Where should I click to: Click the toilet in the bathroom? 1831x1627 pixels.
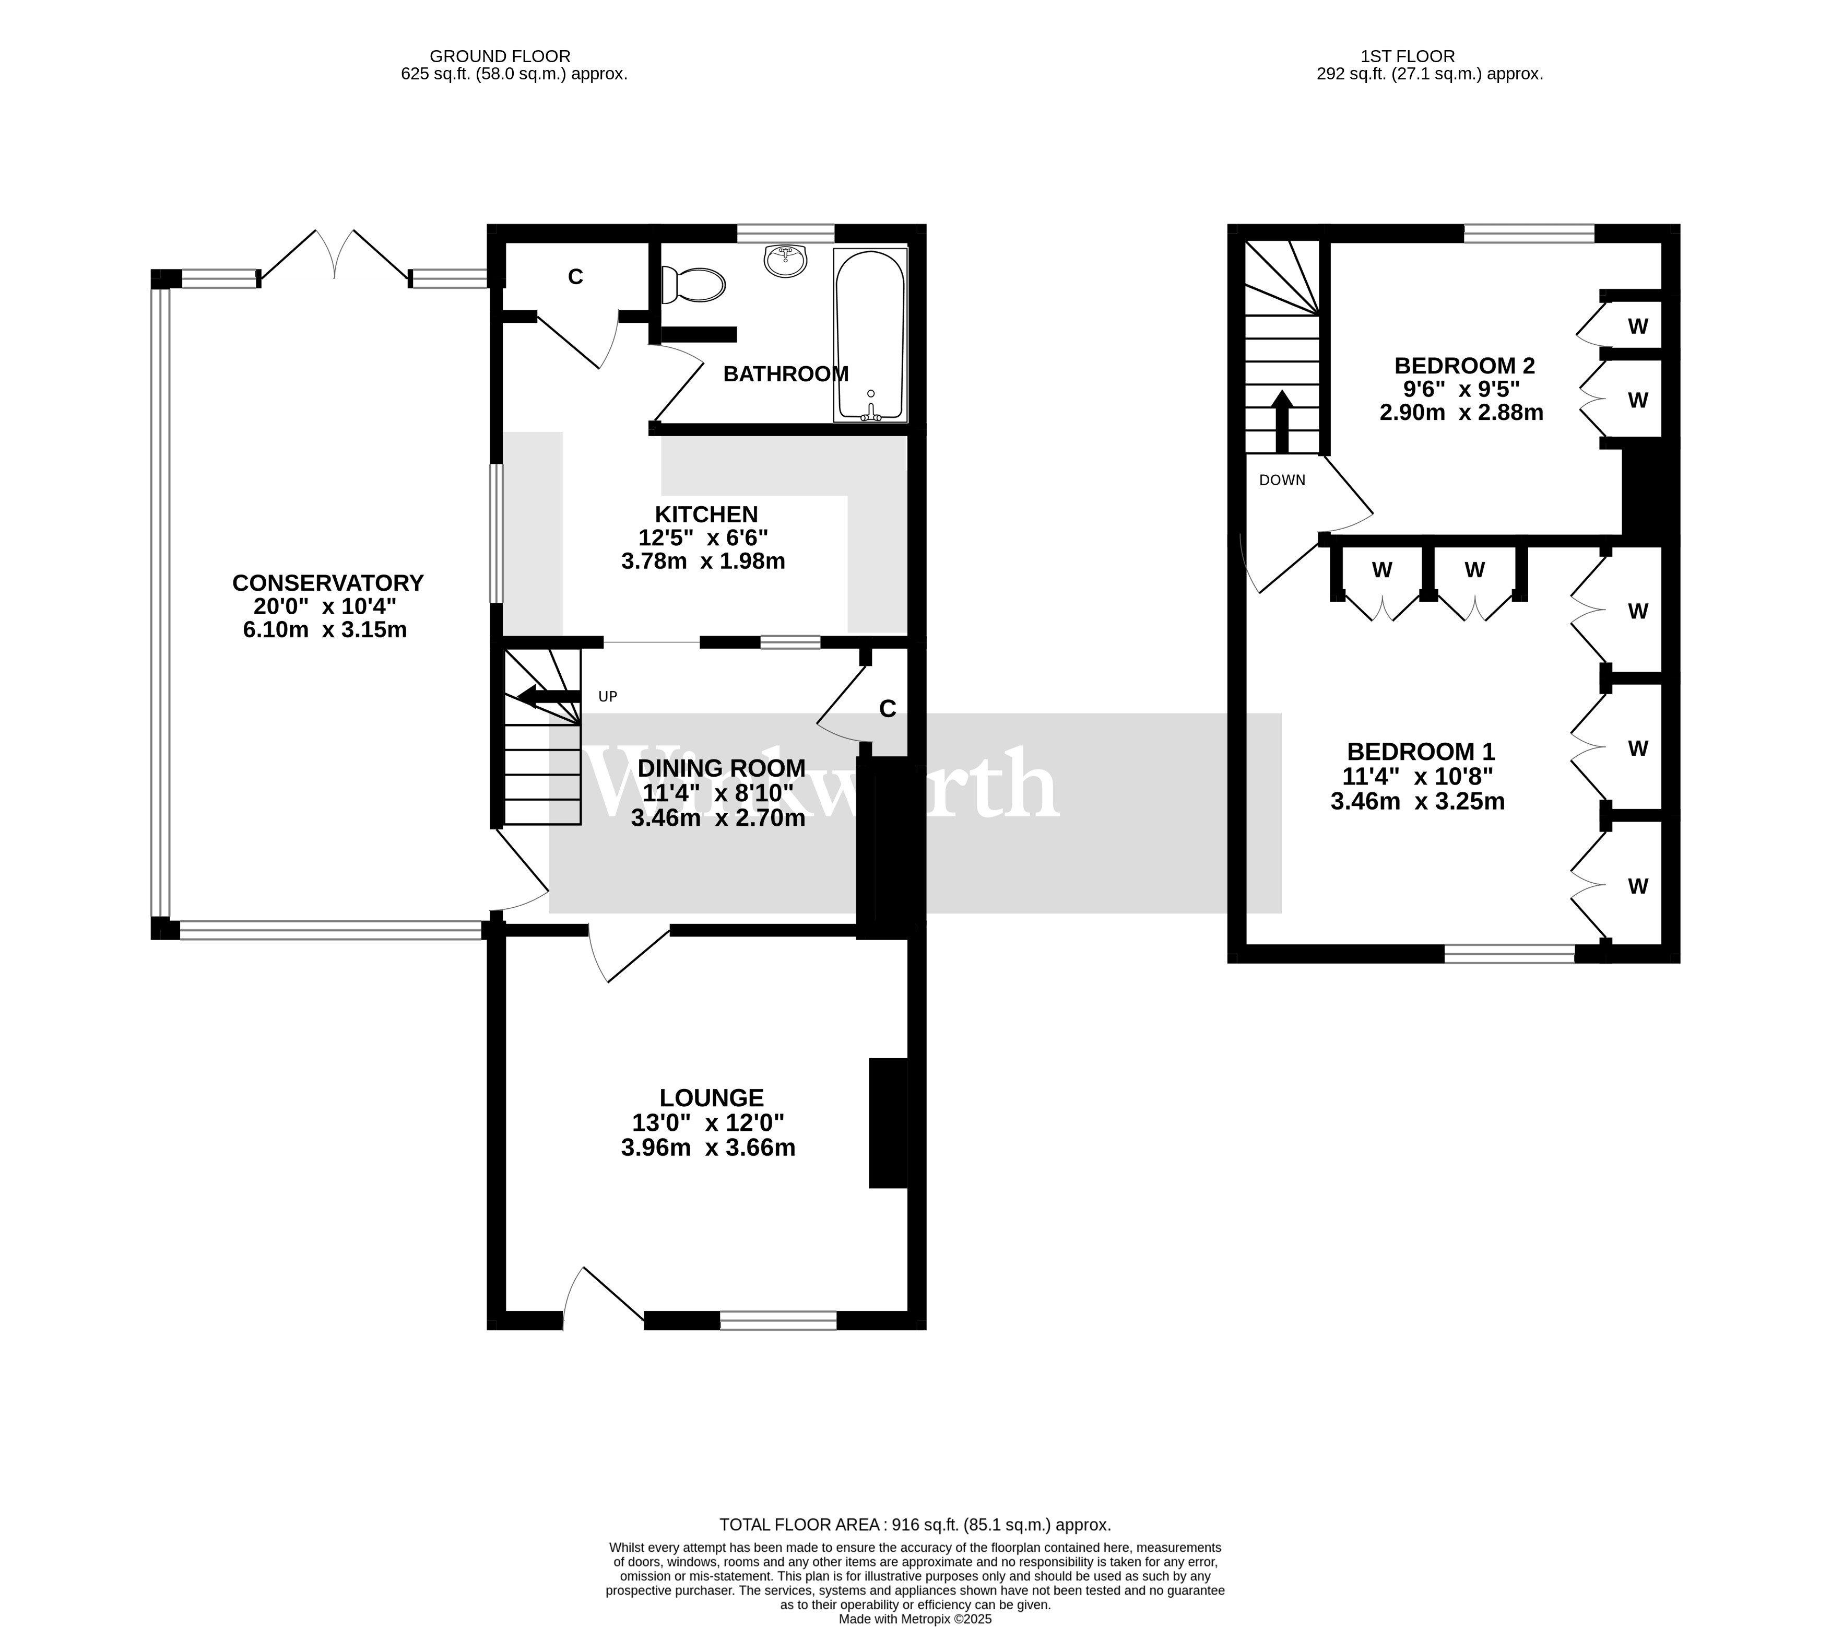pos(692,284)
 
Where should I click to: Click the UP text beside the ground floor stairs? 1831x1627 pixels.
pos(607,696)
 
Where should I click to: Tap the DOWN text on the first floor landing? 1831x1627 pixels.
pos(1282,480)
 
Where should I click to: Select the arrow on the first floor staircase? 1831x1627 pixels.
pos(1282,421)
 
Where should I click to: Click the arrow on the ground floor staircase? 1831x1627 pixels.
pos(541,697)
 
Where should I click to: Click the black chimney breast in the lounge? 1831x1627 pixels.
pos(888,1123)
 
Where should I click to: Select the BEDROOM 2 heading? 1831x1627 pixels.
pos(1464,366)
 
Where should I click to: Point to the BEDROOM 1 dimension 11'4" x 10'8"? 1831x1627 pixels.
pos(1417,776)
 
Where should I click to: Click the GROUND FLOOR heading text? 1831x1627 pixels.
pos(500,56)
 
